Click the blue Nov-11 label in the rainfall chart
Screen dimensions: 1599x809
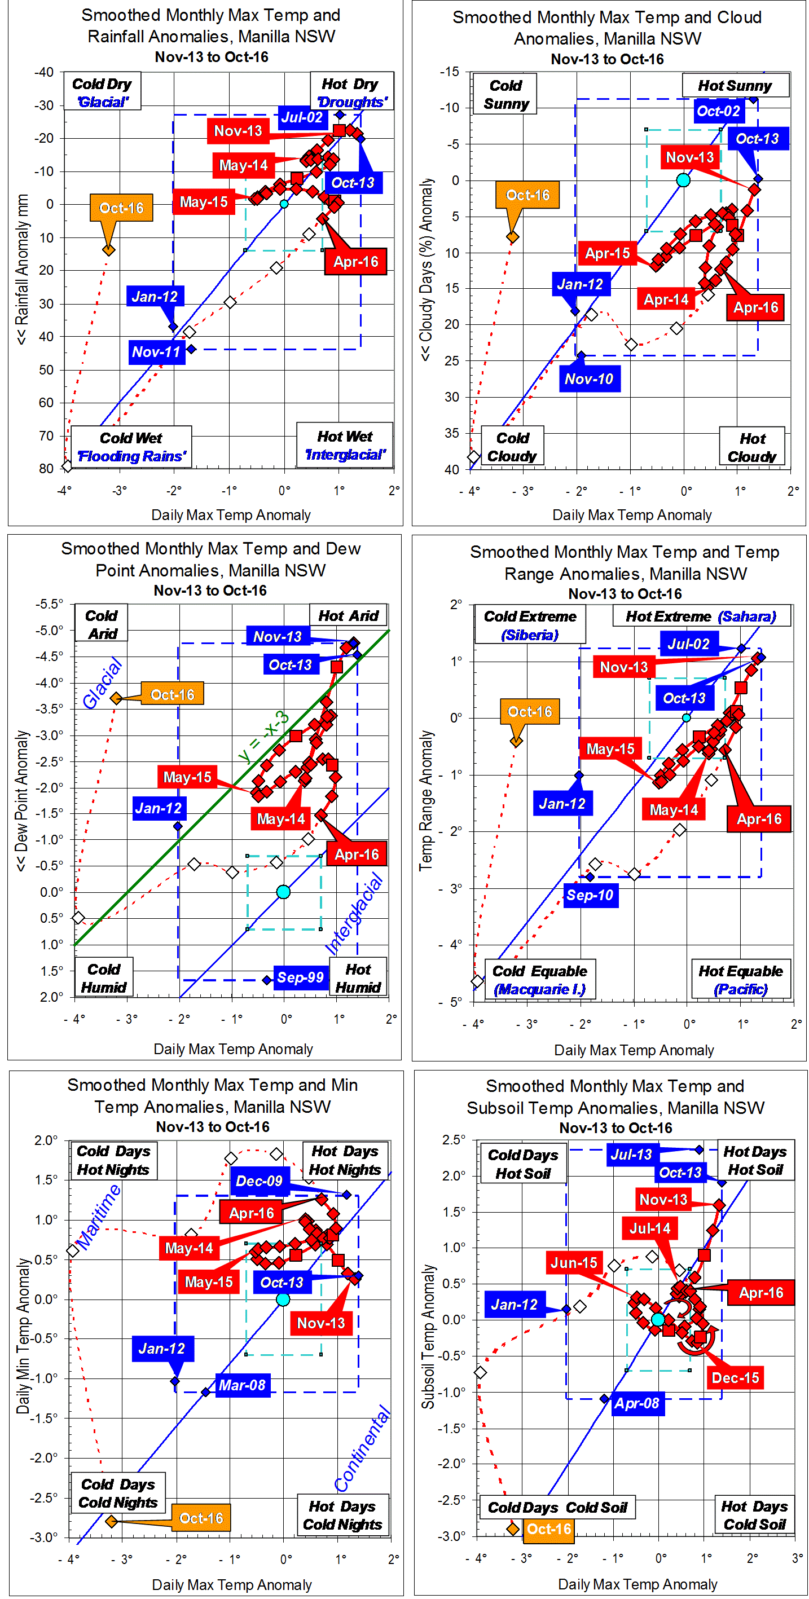pos(156,352)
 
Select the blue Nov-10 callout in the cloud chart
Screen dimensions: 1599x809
pos(588,378)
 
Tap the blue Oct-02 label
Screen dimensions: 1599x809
pos(718,111)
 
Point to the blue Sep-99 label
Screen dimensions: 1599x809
pos(300,977)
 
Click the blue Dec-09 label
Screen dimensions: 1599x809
pos(259,1180)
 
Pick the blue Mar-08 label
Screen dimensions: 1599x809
pos(241,1385)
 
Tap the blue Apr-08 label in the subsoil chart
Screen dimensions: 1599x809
pos(636,1403)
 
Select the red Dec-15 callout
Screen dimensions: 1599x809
pos(735,1377)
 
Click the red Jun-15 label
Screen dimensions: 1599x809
pos(574,1263)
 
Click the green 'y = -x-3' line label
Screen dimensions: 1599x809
pos(263,737)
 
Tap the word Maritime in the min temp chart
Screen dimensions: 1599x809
pos(99,1216)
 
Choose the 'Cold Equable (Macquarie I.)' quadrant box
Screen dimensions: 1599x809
pos(539,980)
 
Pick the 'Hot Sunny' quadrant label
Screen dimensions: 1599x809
pos(735,86)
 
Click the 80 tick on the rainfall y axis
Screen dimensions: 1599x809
pos(46,469)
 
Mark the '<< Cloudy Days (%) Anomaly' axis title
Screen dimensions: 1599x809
pos(425,270)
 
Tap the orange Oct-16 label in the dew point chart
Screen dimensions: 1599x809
pos(172,695)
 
